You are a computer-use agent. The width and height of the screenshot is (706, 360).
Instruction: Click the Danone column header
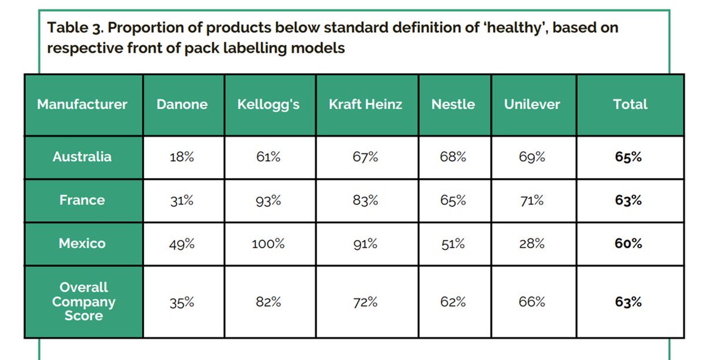coord(182,105)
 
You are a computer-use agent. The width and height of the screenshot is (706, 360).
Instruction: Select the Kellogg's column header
coord(268,105)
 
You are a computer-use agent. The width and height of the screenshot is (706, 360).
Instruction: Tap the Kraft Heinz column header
coord(365,105)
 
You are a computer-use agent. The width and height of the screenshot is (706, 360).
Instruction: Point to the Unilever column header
coord(532,105)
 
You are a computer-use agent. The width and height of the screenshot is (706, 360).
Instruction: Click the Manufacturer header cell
coord(82,105)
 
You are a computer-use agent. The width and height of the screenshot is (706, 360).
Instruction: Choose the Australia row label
coord(82,157)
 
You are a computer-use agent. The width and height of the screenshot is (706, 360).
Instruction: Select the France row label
coord(82,200)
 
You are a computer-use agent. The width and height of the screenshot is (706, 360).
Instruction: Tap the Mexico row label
coord(82,244)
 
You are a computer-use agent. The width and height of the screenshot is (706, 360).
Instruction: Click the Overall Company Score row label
coord(82,302)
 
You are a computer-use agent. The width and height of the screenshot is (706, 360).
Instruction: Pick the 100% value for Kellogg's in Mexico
coord(268,244)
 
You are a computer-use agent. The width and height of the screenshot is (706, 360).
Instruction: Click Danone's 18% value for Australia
coord(182,157)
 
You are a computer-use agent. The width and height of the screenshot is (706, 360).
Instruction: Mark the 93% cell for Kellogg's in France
coord(268,201)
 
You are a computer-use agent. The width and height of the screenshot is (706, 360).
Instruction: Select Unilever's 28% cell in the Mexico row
coord(532,244)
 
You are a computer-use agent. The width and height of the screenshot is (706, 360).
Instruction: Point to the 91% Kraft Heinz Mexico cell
coord(365,244)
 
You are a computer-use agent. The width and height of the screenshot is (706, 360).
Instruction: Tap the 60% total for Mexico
coord(628,244)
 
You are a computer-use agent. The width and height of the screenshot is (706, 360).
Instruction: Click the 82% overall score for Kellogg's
coord(268,302)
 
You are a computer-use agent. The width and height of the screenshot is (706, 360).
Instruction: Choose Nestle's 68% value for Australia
coord(453,157)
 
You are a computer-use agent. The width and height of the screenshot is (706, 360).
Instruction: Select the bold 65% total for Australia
coord(628,157)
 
